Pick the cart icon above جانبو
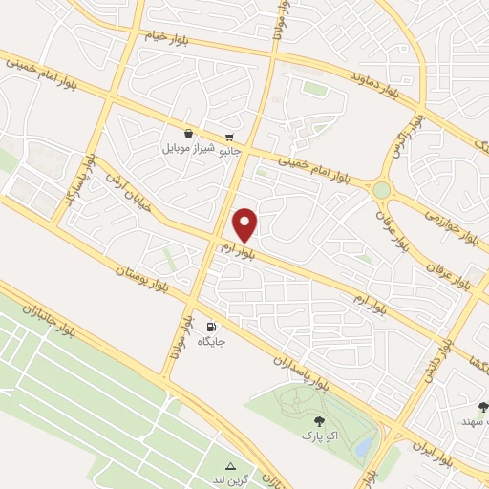click(x=230, y=136)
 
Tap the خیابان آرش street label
click(x=129, y=182)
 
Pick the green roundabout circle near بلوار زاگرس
click(x=382, y=190)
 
